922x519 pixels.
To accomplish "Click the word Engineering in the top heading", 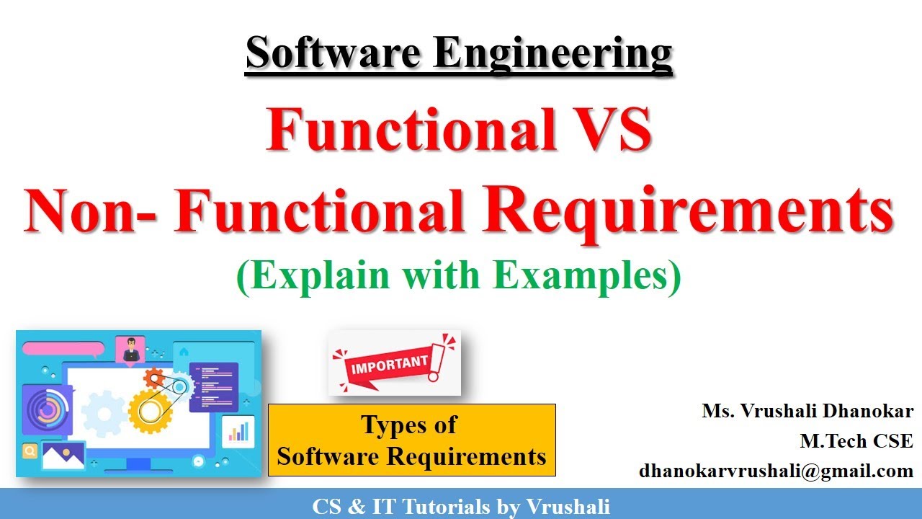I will pos(552,55).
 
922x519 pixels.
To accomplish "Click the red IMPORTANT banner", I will pos(390,363).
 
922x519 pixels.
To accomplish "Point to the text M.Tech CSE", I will pos(856,441).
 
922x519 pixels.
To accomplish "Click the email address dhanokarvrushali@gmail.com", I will pos(776,471).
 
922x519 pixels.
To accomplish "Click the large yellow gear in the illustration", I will pos(151,411).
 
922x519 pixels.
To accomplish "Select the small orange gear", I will pos(153,377).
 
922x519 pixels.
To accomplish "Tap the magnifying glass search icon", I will pos(30,452).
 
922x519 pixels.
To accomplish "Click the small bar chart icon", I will pos(238,430).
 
